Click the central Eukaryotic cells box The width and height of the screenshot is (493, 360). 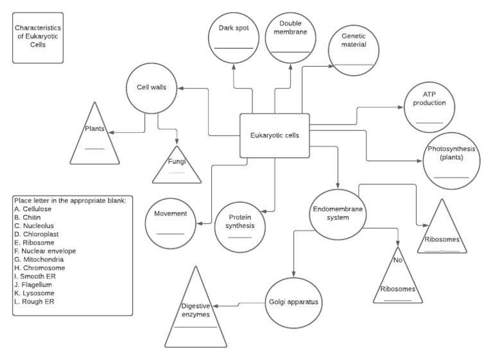pyautogui.click(x=274, y=135)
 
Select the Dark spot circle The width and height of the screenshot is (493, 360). pyautogui.click(x=234, y=37)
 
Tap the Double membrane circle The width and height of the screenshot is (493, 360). pyautogui.click(x=291, y=37)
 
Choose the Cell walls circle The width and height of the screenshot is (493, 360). pyautogui.click(x=151, y=89)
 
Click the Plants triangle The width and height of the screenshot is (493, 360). pyautogui.click(x=94, y=136)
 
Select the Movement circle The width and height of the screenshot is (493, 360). pyautogui.click(x=170, y=222)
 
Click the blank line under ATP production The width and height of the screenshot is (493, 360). pyautogui.click(x=429, y=122)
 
